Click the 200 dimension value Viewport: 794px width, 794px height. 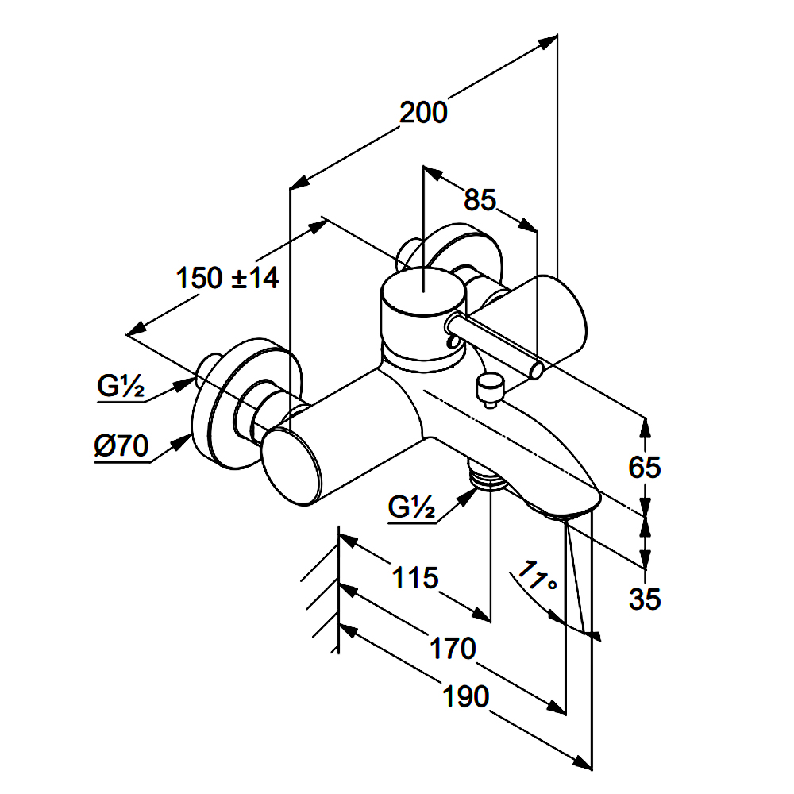pyautogui.click(x=423, y=113)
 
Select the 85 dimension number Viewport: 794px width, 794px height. pyautogui.click(x=480, y=201)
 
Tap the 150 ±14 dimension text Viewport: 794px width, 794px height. pyautogui.click(x=227, y=278)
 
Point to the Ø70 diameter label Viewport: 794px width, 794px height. pyautogui.click(x=121, y=448)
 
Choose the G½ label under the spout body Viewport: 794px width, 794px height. pyautogui.click(x=412, y=506)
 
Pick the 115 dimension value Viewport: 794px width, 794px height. pyautogui.click(x=415, y=577)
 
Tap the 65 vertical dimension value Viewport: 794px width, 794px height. pyautogui.click(x=644, y=468)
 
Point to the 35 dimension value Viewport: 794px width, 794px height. pyautogui.click(x=644, y=599)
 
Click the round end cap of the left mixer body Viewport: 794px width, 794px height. pyautogui.click(x=293, y=468)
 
